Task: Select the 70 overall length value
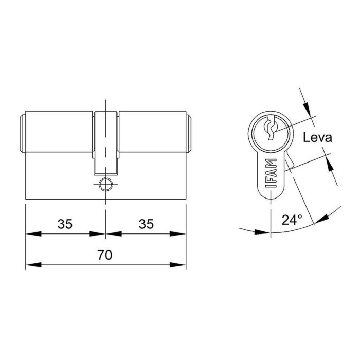tap(105, 255)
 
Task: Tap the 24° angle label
tap(292, 220)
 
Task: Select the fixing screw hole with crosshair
tap(105, 184)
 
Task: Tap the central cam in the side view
tap(105, 141)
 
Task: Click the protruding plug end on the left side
tap(23, 134)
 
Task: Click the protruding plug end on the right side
tap(188, 134)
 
